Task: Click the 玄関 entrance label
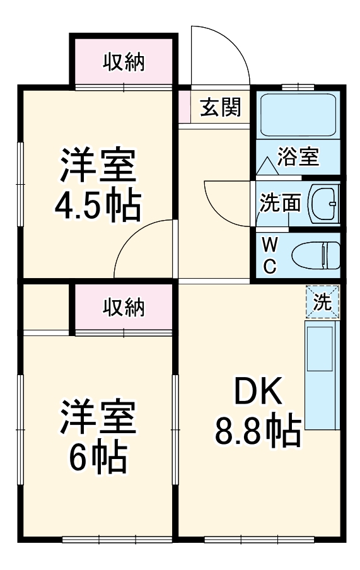click(x=221, y=108)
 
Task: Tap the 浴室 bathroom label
click(x=298, y=156)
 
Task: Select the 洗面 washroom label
click(x=280, y=202)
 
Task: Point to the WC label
click(x=269, y=255)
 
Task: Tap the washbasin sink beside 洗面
click(x=324, y=202)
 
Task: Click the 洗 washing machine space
click(x=322, y=302)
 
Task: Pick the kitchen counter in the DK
click(x=322, y=375)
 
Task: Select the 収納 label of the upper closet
click(x=124, y=62)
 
